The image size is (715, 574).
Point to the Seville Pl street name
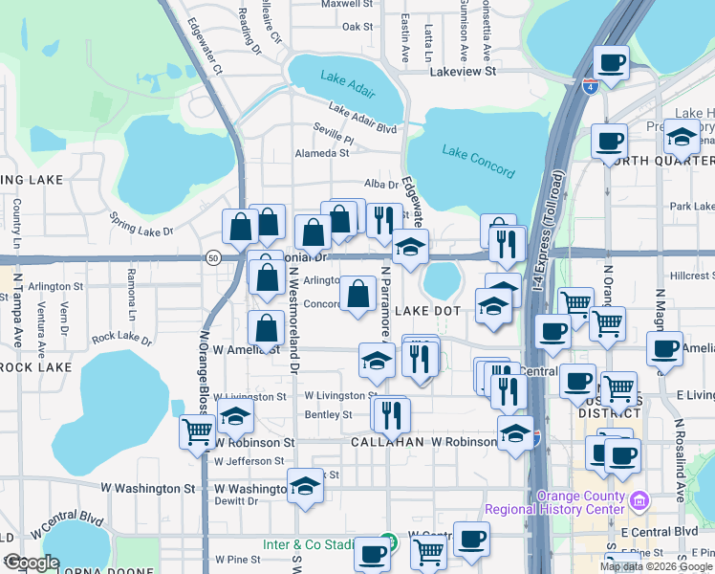coord(333,139)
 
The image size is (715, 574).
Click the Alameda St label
coord(322,153)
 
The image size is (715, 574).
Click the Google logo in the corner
coord(31,563)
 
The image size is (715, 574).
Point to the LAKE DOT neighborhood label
coord(428,311)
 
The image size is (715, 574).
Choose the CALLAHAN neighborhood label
coord(387,443)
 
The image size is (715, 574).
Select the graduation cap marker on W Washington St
coord(305,485)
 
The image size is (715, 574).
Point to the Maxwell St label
coord(345,4)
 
